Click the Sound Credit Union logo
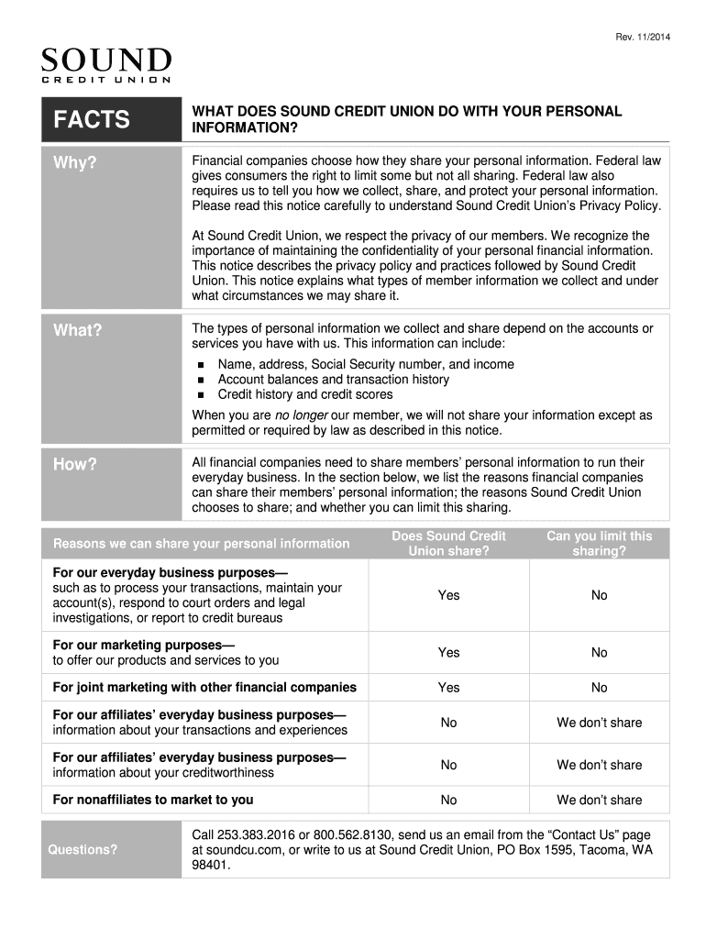pos(106,65)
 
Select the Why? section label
pos(74,164)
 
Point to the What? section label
pos(77,330)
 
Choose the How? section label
pos(75,464)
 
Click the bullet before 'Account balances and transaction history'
pos(199,380)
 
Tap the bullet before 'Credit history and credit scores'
pos(199,395)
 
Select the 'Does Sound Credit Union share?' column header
pos(448,543)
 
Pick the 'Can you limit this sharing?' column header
pos(599,543)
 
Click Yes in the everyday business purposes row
pos(448,595)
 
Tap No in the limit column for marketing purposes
pos(599,653)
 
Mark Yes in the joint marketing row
pos(448,688)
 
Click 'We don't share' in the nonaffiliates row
pos(599,800)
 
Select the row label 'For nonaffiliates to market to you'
pos(153,800)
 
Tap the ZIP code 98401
pos(210,865)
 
